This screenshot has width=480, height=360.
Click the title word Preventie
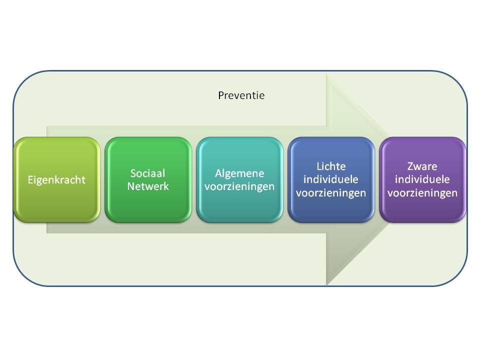coord(241,95)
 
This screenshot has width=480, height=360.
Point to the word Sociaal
coord(148,173)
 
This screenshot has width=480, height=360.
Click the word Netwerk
coord(148,186)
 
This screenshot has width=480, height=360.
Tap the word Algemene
coord(239,173)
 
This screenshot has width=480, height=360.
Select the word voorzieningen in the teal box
coord(239,186)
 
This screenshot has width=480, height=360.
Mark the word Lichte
coord(331,166)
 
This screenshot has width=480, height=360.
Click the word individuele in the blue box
coord(331,179)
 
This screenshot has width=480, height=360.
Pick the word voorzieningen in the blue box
coord(331,192)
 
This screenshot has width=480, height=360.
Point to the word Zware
coord(423,166)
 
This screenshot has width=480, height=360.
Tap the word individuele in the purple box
coord(423,179)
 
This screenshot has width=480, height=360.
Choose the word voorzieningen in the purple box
coord(423,192)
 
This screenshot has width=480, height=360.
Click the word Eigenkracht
coord(56,179)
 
